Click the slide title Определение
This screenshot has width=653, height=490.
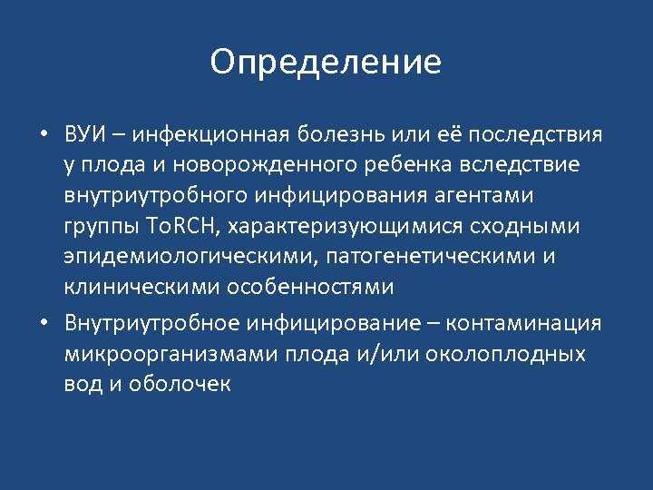pos(326,63)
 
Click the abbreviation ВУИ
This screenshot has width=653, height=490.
pos(86,135)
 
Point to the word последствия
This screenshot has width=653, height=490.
pos(531,135)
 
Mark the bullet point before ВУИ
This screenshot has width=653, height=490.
pos(44,136)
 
